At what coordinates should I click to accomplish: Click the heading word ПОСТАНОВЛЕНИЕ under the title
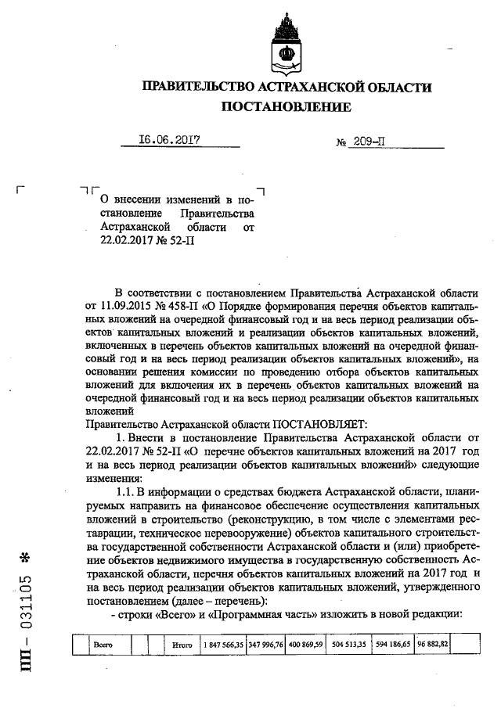[287, 106]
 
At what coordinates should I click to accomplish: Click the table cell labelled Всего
[103, 644]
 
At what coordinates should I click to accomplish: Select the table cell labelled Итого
[182, 644]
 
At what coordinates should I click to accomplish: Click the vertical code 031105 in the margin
[26, 610]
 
